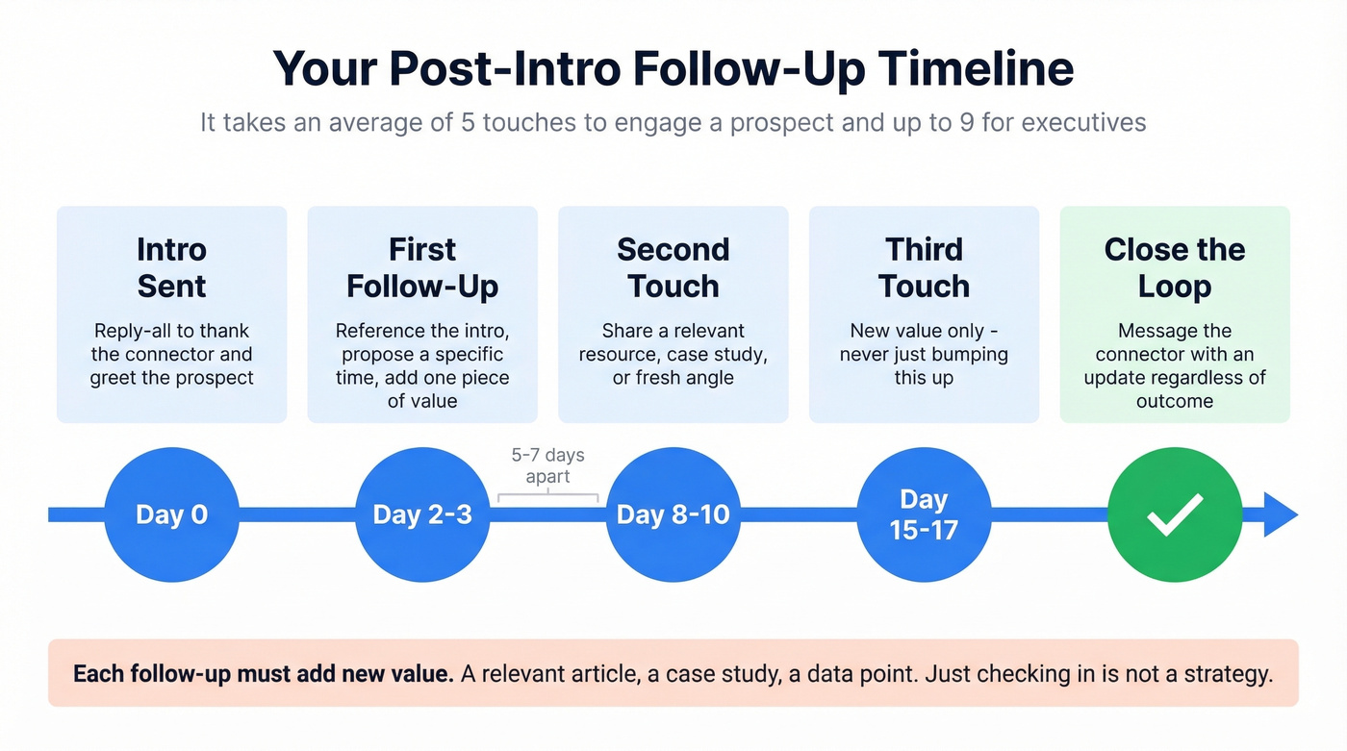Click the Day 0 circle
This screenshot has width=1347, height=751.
tap(171, 514)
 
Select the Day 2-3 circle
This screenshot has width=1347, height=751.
tap(422, 514)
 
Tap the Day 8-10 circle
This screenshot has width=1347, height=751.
tap(673, 514)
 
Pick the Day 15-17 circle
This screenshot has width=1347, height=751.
tap(924, 514)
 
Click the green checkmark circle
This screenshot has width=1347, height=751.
tap(1175, 514)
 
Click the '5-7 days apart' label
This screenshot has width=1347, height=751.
tap(547, 465)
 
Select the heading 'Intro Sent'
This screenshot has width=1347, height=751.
tap(171, 267)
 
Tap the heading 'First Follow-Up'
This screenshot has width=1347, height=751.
tap(422, 267)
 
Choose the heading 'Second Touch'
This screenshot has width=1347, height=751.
tap(673, 267)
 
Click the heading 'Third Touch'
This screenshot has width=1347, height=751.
tap(924, 267)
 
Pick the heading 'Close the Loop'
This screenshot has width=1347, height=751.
tap(1175, 267)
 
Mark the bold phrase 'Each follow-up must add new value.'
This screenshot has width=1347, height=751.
tap(263, 673)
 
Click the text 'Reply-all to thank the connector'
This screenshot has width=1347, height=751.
tap(171, 342)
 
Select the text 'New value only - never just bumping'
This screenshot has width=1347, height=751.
tap(924, 342)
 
